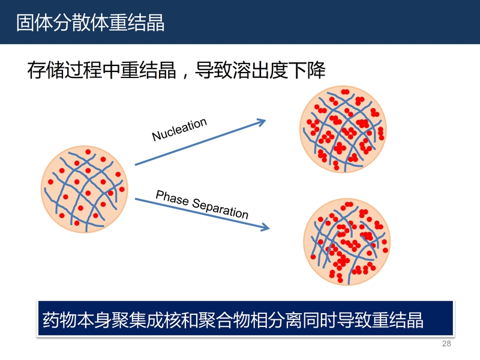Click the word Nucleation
[x=179, y=129]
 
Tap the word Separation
[x=220, y=208]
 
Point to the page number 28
[x=446, y=343]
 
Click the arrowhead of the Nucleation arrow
[x=262, y=122]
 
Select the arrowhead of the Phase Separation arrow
[x=265, y=227]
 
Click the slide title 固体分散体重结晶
[x=91, y=23]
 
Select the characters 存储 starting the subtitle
[x=46, y=70]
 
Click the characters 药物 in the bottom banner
[x=59, y=320]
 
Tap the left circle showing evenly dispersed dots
[x=85, y=189]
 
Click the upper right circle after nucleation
[x=343, y=129]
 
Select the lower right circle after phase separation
[x=347, y=242]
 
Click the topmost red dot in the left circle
[x=88, y=152]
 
